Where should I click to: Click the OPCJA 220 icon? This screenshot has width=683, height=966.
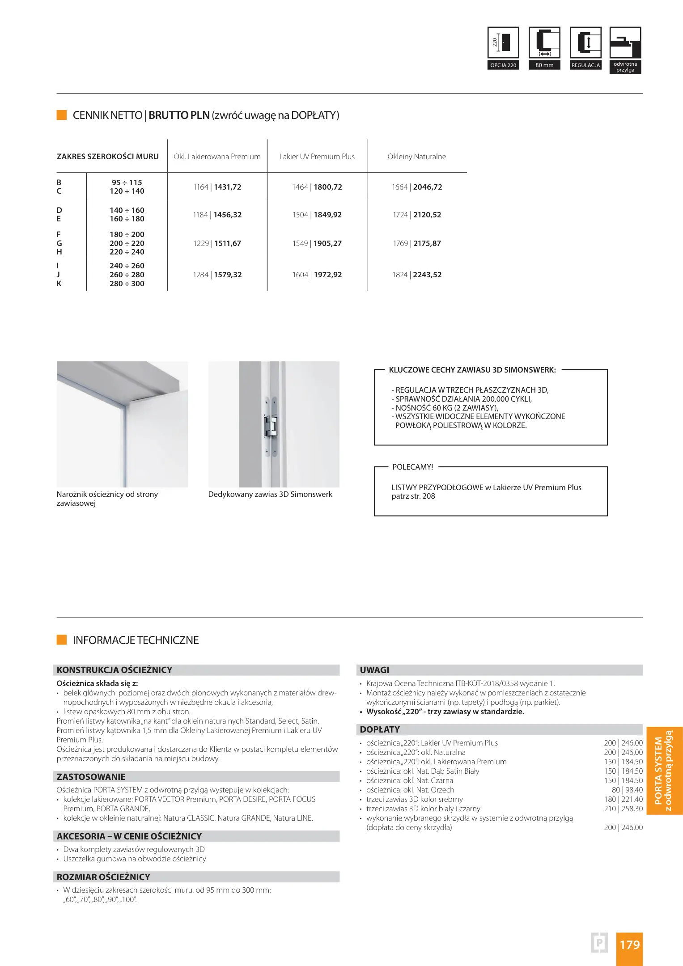(x=503, y=48)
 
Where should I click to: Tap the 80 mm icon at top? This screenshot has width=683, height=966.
(x=544, y=48)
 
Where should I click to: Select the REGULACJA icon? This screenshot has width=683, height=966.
(x=585, y=48)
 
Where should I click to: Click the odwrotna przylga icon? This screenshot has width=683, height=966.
(x=625, y=49)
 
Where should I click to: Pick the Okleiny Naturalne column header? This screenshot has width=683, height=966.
(x=416, y=157)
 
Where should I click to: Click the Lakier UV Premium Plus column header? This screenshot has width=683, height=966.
(x=317, y=157)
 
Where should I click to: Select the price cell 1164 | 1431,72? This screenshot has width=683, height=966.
(x=217, y=187)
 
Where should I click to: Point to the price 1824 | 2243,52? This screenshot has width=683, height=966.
(x=417, y=275)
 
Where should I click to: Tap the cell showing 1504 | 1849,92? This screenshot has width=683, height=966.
(x=317, y=215)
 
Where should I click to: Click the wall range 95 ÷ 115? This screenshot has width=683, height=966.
(x=127, y=182)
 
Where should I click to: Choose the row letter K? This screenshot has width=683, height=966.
(x=59, y=284)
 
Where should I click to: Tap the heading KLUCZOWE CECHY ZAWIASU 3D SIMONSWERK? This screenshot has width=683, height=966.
(x=472, y=370)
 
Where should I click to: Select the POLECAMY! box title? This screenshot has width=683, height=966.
(x=412, y=467)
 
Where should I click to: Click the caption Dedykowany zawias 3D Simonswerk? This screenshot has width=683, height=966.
(x=270, y=494)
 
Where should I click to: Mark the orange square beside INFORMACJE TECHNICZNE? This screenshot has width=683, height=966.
(x=62, y=640)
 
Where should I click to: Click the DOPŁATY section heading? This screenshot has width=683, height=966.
(x=380, y=729)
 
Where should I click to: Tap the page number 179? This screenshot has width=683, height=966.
(x=629, y=945)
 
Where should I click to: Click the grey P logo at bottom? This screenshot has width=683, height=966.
(x=599, y=943)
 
